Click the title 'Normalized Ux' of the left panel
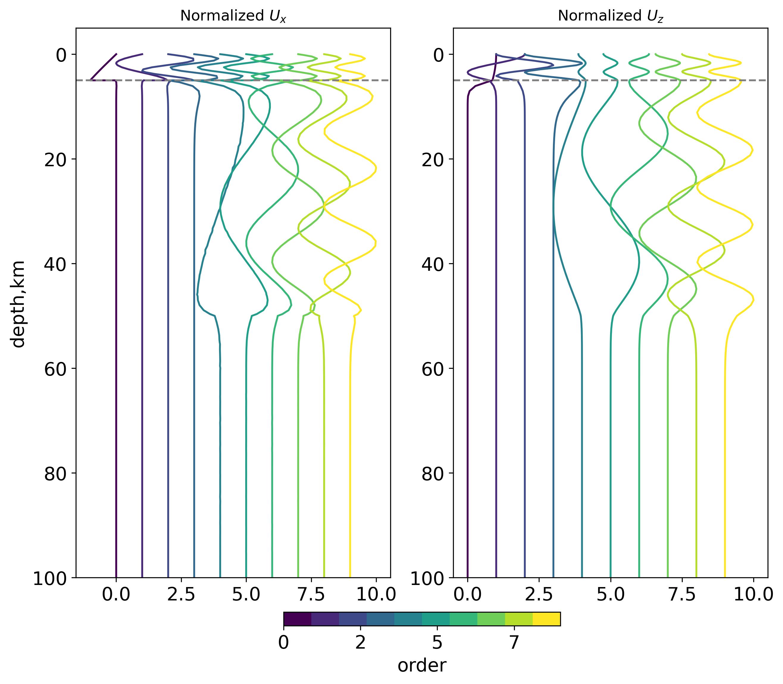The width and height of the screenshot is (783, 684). (x=233, y=16)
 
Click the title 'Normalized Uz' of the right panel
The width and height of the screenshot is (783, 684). (x=610, y=16)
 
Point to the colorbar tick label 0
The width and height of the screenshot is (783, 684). (x=283, y=643)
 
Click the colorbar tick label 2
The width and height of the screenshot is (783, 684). (x=360, y=643)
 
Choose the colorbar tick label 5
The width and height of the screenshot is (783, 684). (x=437, y=643)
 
